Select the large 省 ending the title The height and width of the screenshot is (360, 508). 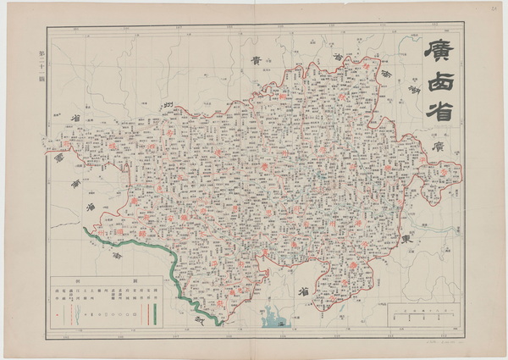pyautogui.click(x=439, y=110)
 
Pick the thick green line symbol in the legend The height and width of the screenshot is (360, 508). pyautogui.click(x=156, y=312)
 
